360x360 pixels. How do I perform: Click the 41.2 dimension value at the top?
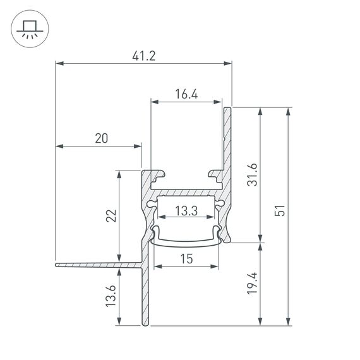pos(144,56)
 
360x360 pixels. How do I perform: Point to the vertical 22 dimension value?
pos(110,216)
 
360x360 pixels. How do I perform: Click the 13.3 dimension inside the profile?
pos(186,212)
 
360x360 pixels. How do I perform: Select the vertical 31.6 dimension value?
pos(252,174)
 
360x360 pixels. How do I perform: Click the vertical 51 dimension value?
pos(281,210)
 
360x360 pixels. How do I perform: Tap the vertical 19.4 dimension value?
pos(252,284)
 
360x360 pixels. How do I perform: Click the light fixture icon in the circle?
pos(27,28)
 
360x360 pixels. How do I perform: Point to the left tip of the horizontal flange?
pos(57,264)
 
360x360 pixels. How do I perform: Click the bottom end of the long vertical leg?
pos(146,325)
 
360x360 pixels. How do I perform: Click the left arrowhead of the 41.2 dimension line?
pos(59,63)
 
